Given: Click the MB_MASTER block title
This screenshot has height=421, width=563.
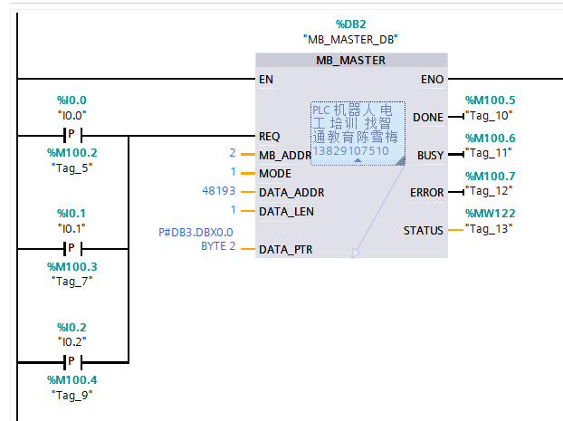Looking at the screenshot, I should (x=350, y=61).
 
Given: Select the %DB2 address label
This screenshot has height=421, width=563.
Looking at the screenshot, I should (x=351, y=24).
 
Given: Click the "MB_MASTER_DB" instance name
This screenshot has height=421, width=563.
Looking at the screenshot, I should (x=351, y=40).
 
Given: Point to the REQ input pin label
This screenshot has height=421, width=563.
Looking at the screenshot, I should (x=270, y=137).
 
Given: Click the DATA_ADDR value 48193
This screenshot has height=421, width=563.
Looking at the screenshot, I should (x=220, y=192).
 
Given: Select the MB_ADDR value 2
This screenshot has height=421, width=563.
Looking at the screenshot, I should (x=233, y=154).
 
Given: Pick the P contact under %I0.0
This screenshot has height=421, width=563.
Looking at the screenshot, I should (x=72, y=136).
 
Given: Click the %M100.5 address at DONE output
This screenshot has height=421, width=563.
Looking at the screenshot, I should (x=490, y=100).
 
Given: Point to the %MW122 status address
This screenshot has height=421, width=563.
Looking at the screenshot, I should (x=490, y=213).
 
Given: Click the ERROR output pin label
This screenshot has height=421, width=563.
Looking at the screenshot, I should (x=427, y=192).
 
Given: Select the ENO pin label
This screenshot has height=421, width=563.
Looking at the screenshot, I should (x=433, y=80).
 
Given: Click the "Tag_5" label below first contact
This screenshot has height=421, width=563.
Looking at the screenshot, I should (x=72, y=167).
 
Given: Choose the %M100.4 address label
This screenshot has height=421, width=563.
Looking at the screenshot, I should (x=72, y=379).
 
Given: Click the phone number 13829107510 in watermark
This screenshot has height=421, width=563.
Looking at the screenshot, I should (x=350, y=151).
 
